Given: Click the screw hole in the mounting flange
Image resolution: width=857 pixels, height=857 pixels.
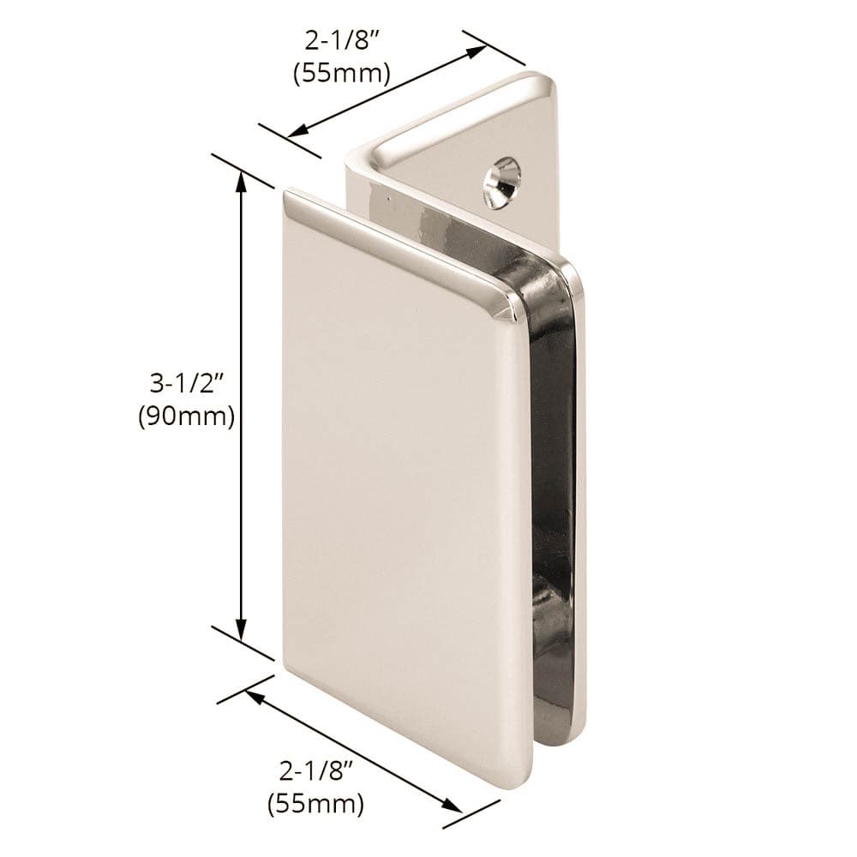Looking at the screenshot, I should [x=504, y=180].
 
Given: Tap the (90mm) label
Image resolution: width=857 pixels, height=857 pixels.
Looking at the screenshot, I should [x=186, y=417].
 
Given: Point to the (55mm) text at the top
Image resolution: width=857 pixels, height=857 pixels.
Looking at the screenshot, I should [x=342, y=74].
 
